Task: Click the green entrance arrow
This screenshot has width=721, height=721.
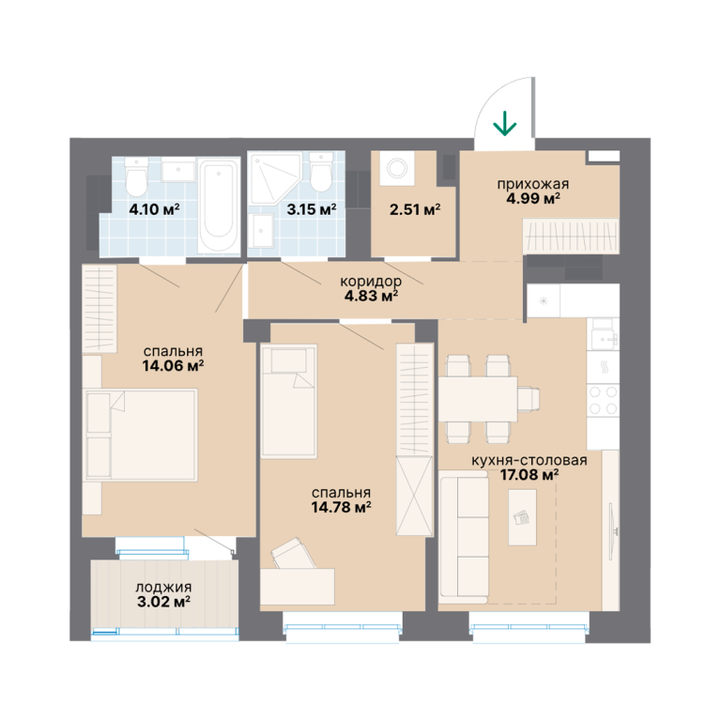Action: tap(504, 123)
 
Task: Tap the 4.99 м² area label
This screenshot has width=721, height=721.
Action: tap(533, 199)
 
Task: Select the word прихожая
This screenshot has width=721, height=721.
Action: tap(533, 184)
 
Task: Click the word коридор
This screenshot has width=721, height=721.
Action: tap(371, 281)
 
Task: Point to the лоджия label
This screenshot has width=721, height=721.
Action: tap(163, 587)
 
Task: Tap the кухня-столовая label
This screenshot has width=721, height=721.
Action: tap(529, 460)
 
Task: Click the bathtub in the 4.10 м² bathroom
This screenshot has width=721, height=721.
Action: tap(219, 205)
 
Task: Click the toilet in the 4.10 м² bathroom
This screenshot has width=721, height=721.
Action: tap(136, 176)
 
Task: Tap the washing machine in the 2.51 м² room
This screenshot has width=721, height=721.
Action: tap(396, 168)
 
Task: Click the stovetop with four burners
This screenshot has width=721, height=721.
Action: tap(603, 400)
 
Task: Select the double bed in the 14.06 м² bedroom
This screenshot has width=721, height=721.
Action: tap(141, 435)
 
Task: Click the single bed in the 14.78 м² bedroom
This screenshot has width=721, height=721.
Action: tap(289, 401)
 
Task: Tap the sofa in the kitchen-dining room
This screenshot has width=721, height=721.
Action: tap(464, 537)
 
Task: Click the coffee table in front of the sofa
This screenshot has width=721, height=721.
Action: tap(522, 517)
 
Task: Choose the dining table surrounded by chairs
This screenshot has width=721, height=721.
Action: tap(478, 399)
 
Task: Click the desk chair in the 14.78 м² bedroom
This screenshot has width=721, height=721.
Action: tap(293, 554)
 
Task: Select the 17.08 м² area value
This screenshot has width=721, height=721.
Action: tap(529, 474)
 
